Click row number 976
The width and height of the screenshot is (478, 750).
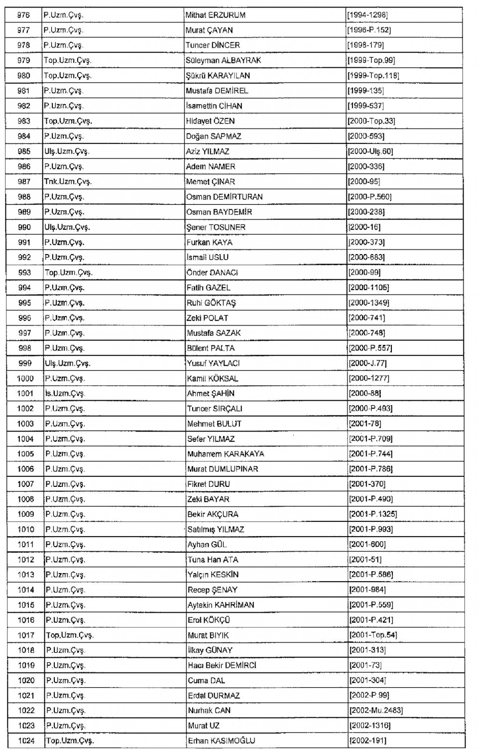pos(23,15)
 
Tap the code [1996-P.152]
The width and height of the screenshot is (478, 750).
pos(369,30)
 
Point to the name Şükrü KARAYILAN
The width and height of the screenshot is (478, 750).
pos(218,76)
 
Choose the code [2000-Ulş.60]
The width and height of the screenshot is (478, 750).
pos(371,151)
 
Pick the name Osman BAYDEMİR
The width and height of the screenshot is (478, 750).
pos(219,212)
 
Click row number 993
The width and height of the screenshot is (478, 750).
pos(24,273)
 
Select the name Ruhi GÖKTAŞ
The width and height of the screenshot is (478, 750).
pos(211,303)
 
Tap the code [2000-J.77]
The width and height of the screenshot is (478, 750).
pos(367,363)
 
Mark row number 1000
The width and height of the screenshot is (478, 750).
pos(25,378)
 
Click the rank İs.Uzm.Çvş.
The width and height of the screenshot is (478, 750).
pos(65,394)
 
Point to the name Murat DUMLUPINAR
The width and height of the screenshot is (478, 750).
pos(223,469)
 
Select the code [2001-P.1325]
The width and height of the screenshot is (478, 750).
pos(373,514)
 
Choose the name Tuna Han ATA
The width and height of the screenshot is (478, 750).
pos(213,560)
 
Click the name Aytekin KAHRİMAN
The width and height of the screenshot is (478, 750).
pos(221,605)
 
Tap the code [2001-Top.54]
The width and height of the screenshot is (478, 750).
pos(373,635)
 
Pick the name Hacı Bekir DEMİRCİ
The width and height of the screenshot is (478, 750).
pos(222,665)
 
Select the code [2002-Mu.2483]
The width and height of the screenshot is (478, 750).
pos(376,711)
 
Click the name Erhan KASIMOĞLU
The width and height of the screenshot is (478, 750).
pos(221,741)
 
